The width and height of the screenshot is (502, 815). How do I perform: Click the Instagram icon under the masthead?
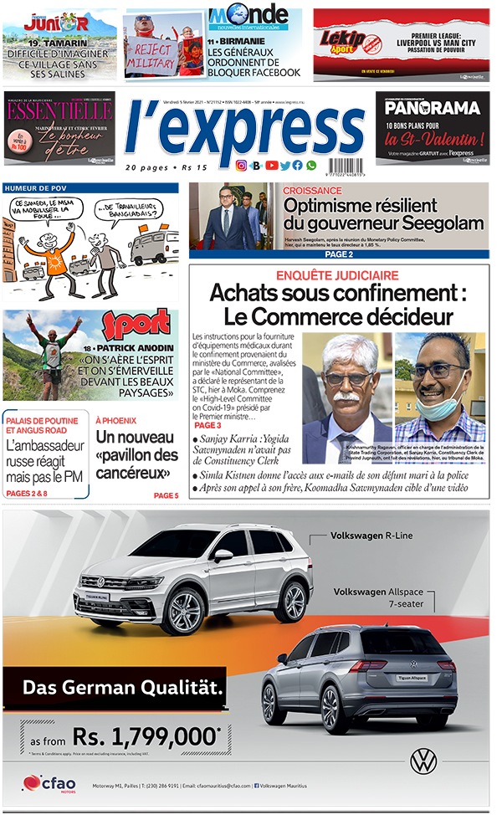coord(241,166)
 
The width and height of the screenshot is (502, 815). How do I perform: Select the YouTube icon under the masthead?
coord(271,166)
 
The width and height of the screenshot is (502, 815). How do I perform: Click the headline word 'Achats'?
coord(248,294)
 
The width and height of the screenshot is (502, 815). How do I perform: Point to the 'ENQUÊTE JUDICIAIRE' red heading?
coord(338,275)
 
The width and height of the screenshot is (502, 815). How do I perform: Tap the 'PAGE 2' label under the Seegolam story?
coord(338,254)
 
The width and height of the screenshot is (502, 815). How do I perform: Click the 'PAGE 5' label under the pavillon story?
coord(166,495)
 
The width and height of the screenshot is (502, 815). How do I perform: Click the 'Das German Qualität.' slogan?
coord(123,688)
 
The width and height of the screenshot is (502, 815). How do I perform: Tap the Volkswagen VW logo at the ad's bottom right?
coord(423,761)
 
